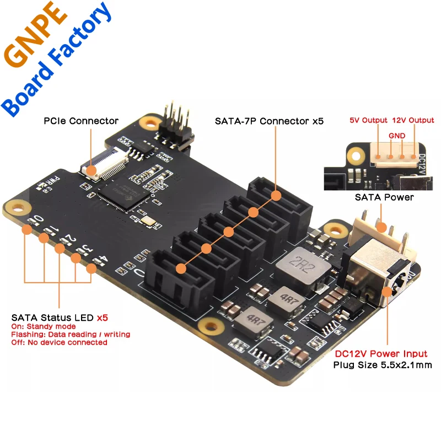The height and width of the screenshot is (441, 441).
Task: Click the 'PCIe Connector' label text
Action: (81, 120)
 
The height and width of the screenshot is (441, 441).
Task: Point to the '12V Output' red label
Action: (413, 120)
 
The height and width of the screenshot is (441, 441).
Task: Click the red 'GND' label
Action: (396, 135)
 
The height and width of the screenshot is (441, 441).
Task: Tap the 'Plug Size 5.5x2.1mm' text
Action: (382, 364)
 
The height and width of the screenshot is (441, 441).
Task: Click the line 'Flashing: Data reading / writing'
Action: (71, 334)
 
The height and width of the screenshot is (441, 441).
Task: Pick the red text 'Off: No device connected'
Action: (59, 342)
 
